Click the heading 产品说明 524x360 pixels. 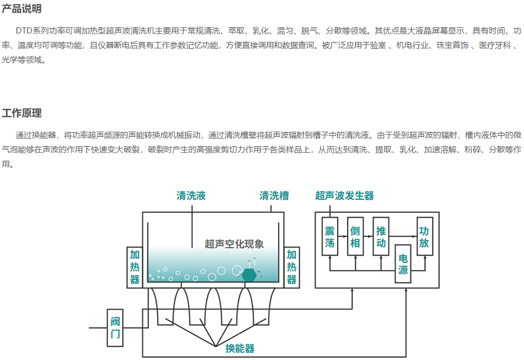pyautogui.click(x=22, y=9)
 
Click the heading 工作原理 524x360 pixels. pyautogui.click(x=22, y=113)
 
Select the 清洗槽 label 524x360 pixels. pyautogui.click(x=274, y=196)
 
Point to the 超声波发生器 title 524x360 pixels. pyautogui.click(x=345, y=196)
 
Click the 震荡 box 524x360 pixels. pyautogui.click(x=330, y=236)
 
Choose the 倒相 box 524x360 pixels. pyautogui.click(x=355, y=236)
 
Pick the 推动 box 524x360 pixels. pyautogui.click(x=381, y=236)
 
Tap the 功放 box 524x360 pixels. pyautogui.click(x=424, y=236)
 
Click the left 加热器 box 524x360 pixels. pyautogui.click(x=134, y=267)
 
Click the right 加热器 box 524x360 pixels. pyautogui.click(x=292, y=267)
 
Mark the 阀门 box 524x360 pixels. pyautogui.click(x=115, y=327)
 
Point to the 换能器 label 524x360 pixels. pyautogui.click(x=240, y=349)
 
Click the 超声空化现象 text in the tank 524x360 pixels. pyautogui.click(x=235, y=244)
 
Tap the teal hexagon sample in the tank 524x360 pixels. pyautogui.click(x=249, y=274)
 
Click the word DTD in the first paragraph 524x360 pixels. pyautogui.click(x=25, y=30)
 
